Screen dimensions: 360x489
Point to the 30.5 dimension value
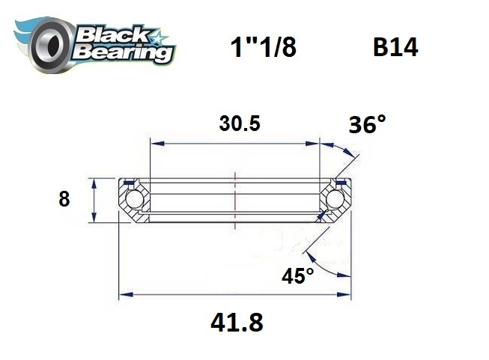[x=240, y=124]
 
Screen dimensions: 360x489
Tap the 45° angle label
[x=298, y=276]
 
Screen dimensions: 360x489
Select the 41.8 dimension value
[x=237, y=324]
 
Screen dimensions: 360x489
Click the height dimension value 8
[x=64, y=199]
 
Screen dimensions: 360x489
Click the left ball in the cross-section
[x=134, y=200]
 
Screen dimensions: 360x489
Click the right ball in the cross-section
[x=335, y=200]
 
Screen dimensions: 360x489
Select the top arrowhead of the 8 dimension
[x=93, y=183]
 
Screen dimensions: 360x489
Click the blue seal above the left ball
[x=130, y=182]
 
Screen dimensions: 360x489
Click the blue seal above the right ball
[x=340, y=182]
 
